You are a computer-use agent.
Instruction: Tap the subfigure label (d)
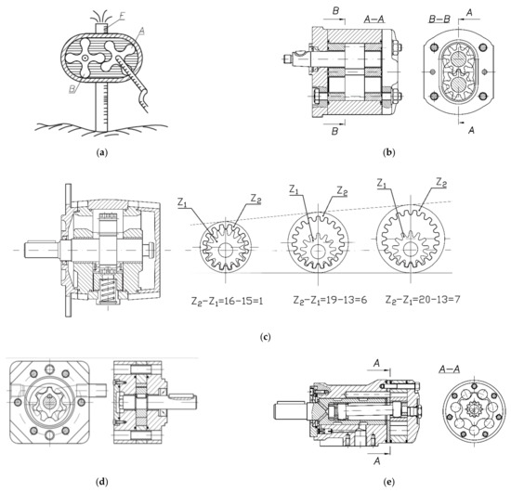click(100, 479)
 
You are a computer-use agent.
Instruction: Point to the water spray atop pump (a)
click(98, 16)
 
